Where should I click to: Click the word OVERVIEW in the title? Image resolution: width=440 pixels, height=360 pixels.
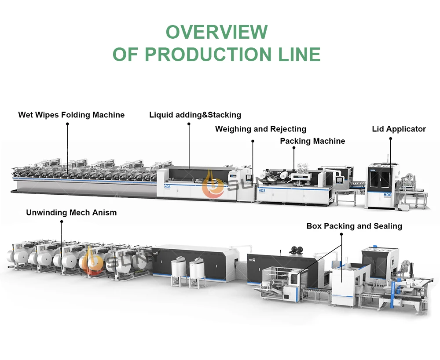pos(216,32)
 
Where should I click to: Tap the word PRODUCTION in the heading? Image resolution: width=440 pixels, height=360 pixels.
pos(208,54)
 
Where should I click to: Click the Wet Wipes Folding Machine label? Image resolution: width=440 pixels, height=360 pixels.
pos(71,115)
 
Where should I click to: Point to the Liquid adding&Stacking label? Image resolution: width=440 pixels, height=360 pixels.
pos(195,115)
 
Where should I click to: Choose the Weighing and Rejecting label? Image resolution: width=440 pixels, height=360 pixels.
pos(260,129)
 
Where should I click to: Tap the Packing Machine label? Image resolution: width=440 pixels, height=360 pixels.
pos(312,141)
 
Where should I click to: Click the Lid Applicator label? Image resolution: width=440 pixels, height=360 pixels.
pos(399,129)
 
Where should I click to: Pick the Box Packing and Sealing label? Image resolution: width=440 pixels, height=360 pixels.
pos(354,226)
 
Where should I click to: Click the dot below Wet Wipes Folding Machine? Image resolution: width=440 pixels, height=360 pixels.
pos(67,124)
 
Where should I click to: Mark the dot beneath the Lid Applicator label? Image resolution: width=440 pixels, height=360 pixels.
pos(391,138)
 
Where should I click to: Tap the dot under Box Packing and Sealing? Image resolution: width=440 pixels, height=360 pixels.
pos(341,234)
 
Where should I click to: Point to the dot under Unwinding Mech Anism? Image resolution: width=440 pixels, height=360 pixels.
pos(62,222)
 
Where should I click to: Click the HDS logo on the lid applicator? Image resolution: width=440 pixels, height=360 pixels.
pos(387,195)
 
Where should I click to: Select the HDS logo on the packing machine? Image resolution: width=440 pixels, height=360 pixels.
pos(262,191)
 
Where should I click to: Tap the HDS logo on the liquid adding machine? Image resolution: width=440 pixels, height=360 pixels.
pos(167,187)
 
